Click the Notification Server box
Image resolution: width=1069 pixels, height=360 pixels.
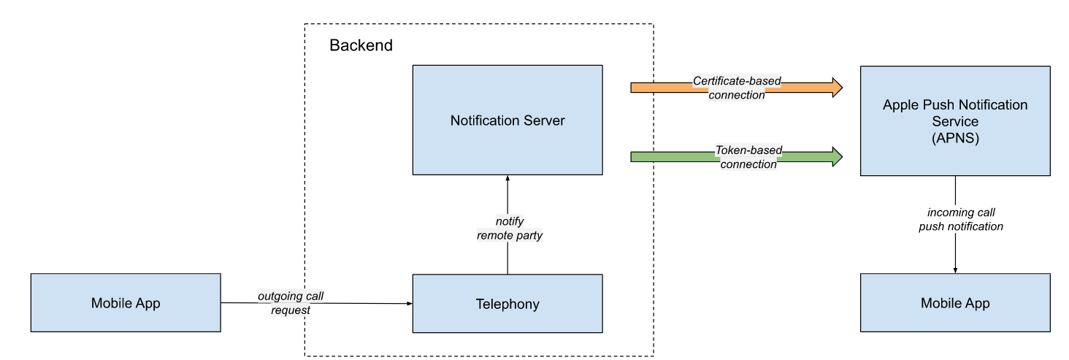[507, 120]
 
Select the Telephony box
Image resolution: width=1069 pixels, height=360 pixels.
[507, 304]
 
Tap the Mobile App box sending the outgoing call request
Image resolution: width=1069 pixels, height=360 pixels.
[126, 303]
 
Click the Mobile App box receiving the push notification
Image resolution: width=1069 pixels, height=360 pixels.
[955, 303]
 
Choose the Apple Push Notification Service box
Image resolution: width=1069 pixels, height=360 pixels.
[955, 120]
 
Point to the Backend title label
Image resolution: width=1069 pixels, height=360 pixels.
[361, 45]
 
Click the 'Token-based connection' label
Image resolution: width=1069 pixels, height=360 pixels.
[748, 157]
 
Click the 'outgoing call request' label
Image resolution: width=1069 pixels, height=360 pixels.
[290, 302]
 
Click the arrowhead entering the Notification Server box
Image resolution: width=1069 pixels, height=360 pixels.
[507, 179]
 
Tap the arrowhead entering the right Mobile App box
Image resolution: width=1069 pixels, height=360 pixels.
[955, 270]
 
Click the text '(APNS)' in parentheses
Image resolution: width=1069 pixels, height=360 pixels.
[955, 137]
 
